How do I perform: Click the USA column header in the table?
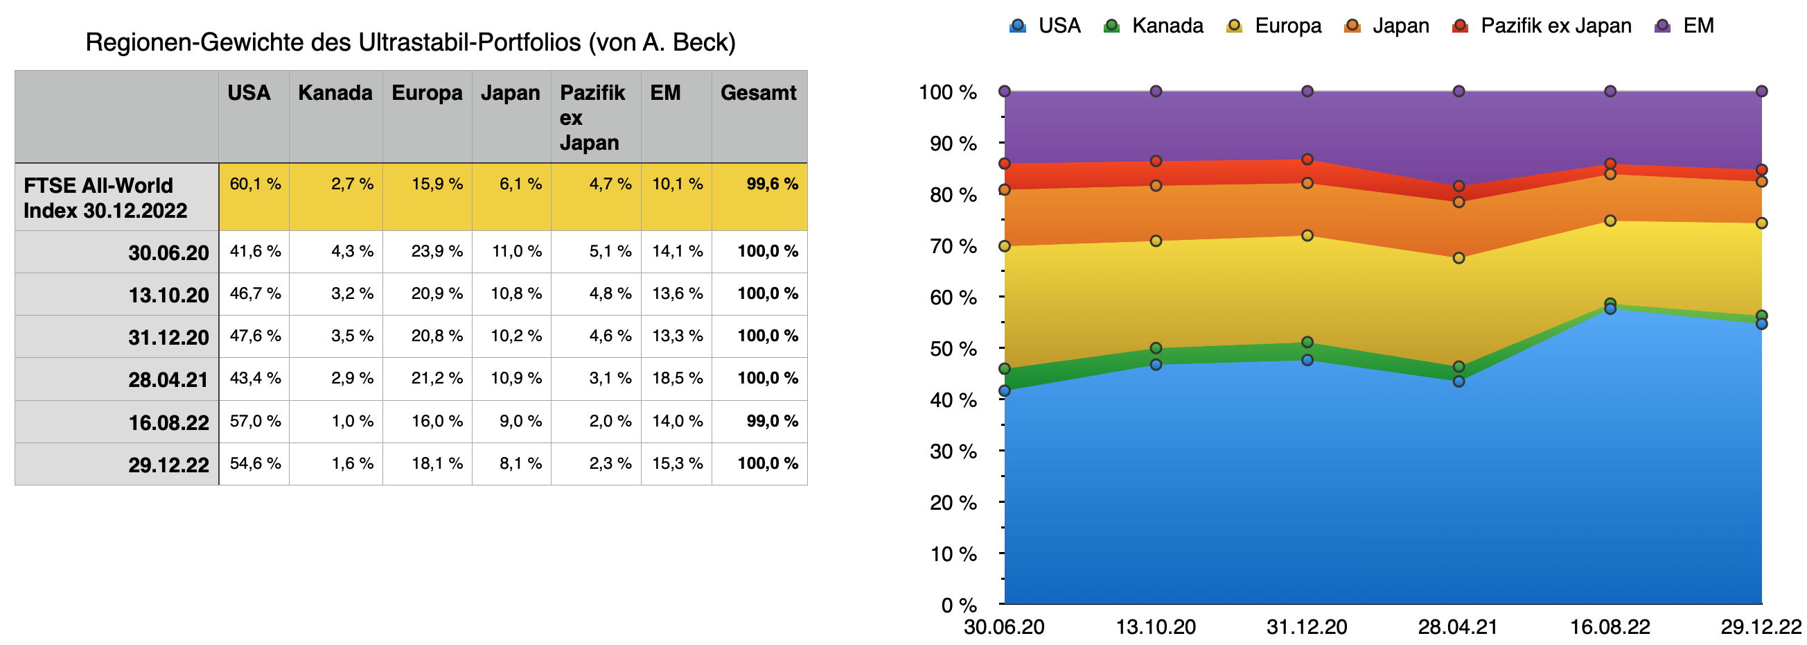point(249,93)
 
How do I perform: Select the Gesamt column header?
point(757,93)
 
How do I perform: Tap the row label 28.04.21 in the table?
point(168,379)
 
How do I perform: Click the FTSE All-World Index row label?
point(105,198)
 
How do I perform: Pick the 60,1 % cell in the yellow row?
point(256,184)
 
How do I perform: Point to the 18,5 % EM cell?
point(677,378)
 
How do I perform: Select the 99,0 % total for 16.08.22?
point(772,421)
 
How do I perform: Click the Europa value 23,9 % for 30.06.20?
point(437,251)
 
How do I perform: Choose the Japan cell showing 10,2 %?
point(515,336)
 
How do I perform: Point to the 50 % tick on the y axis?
point(953,349)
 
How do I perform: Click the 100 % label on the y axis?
point(948,92)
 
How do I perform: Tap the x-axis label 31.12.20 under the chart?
point(1307,627)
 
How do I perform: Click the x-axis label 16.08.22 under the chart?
point(1610,627)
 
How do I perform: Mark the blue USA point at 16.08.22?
point(1611,309)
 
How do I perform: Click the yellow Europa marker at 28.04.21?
point(1459,258)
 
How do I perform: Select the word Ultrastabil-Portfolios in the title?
point(469,43)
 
